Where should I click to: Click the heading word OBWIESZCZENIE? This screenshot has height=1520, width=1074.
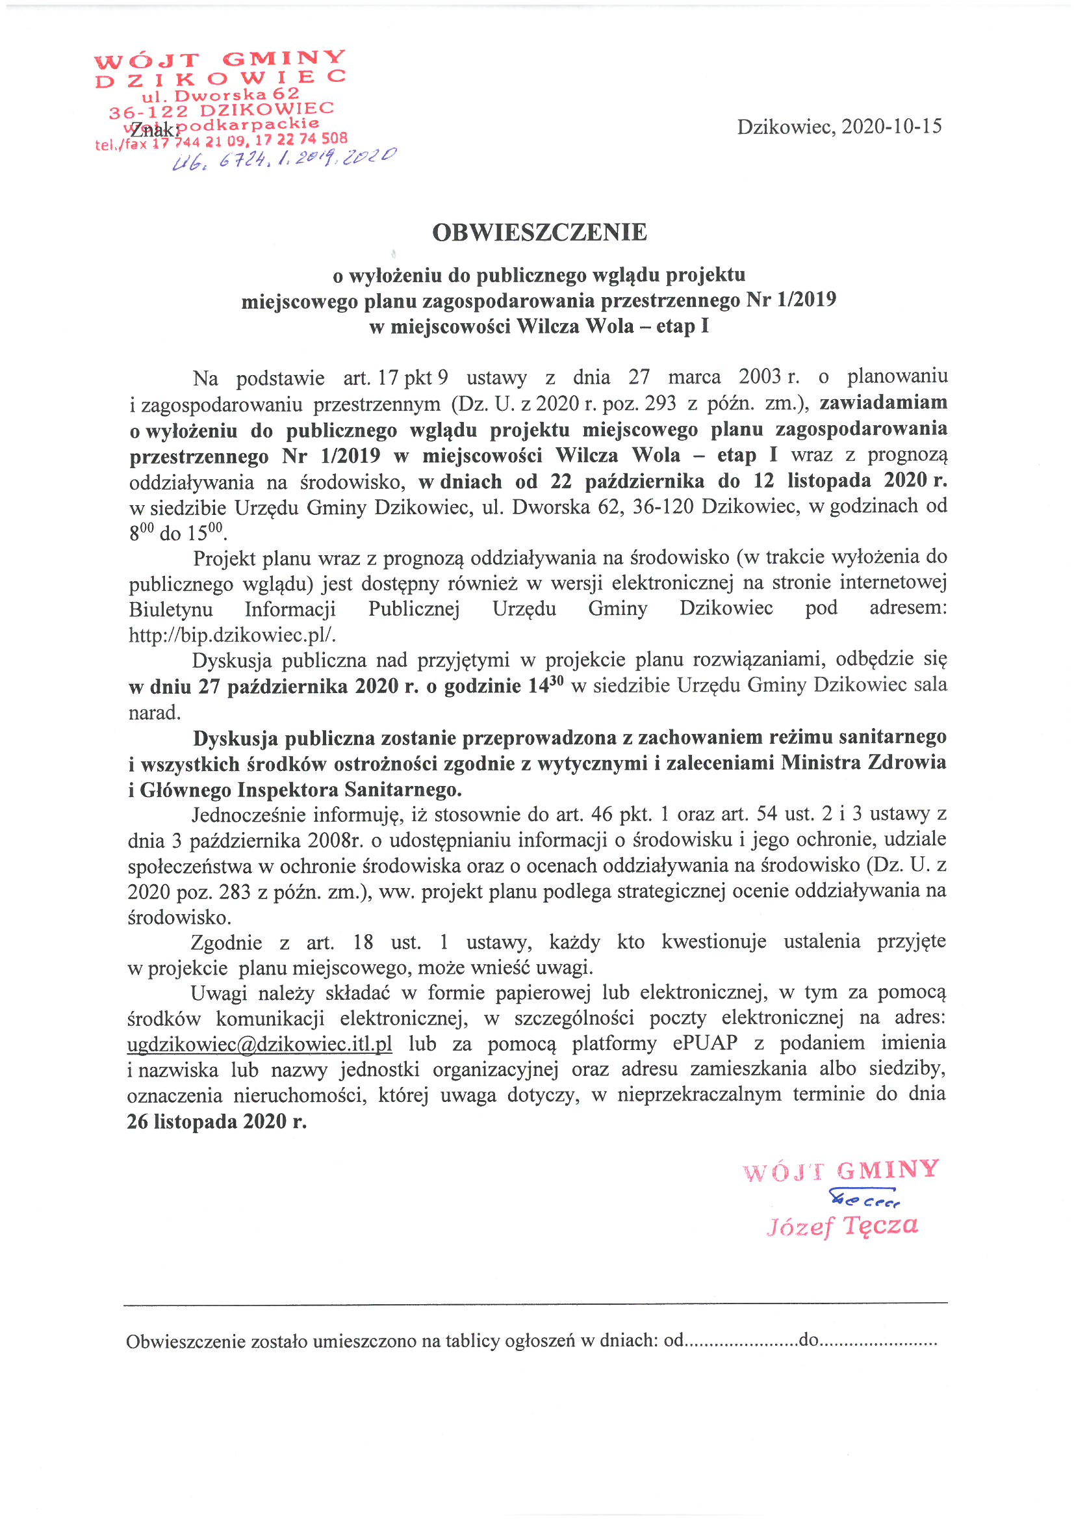click(539, 232)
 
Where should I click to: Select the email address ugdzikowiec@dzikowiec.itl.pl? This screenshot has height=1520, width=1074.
click(259, 1044)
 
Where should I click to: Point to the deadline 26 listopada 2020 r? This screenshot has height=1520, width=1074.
click(217, 1121)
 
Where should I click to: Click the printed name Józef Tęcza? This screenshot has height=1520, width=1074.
click(842, 1226)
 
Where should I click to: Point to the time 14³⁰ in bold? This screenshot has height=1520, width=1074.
click(546, 685)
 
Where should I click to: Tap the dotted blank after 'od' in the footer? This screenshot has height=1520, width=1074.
click(741, 1343)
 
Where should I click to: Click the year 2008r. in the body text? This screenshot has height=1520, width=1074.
click(335, 841)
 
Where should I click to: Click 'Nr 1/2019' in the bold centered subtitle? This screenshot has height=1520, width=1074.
click(791, 300)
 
